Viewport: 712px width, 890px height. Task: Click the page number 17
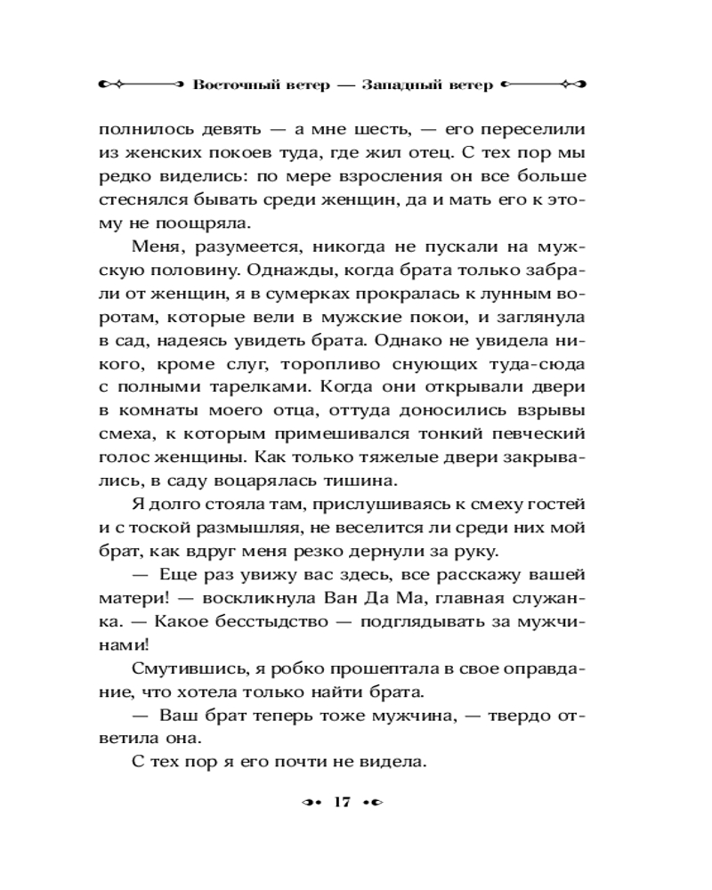tap(342, 802)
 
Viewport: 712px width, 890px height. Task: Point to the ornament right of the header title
tap(543, 85)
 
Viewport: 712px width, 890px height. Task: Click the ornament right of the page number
tap(373, 802)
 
